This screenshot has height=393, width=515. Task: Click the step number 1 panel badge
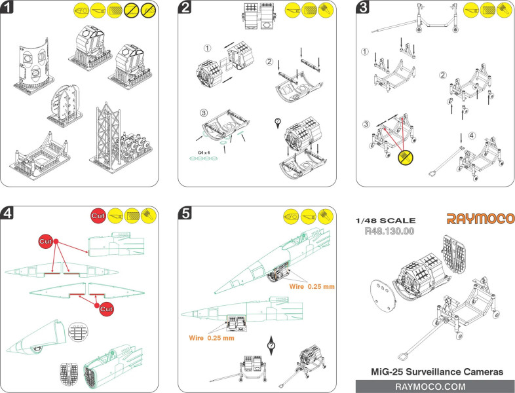click(x=9, y=9)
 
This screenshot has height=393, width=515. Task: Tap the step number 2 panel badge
click(x=186, y=9)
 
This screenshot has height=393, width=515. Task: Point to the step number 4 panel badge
click(x=9, y=214)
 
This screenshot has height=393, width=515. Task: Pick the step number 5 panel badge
click(x=186, y=214)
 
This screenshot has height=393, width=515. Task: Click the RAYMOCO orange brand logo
click(x=481, y=218)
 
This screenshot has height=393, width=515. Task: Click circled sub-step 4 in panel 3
click(x=464, y=137)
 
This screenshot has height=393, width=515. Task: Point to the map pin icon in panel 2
click(x=277, y=121)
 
